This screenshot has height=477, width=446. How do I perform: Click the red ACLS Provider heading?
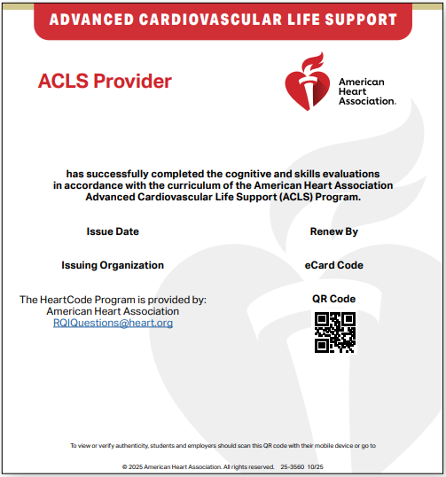pos(105,82)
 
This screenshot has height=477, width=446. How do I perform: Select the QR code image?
pos(334,332)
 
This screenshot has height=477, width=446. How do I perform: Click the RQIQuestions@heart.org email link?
pos(113,324)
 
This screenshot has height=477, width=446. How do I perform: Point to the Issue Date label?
pos(113,231)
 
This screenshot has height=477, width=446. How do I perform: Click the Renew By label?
pos(333,231)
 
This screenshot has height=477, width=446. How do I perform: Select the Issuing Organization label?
pos(113,265)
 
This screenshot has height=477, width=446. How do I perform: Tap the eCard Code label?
pos(333,265)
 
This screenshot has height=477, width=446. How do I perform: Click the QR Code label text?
pos(333,299)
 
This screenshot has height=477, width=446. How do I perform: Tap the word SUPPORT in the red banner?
pos(362,19)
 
